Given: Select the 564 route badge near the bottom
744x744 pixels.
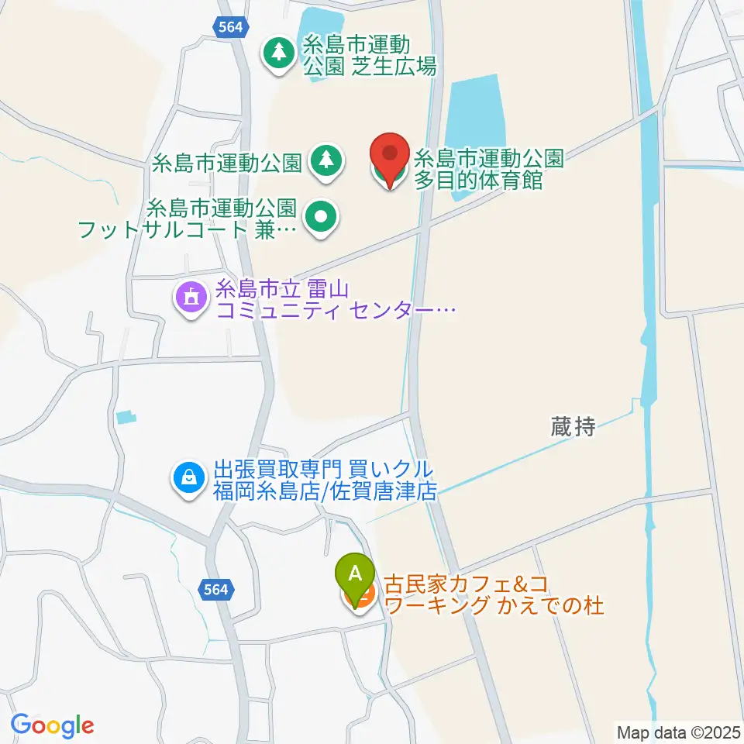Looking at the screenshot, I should pos(217,590).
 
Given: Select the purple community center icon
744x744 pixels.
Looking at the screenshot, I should pos(191,298).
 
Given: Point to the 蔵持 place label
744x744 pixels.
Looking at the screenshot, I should pos(573,425).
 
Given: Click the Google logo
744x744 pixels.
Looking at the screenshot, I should pos(52,725).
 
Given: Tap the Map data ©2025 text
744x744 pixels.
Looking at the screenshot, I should pos(678,731).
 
